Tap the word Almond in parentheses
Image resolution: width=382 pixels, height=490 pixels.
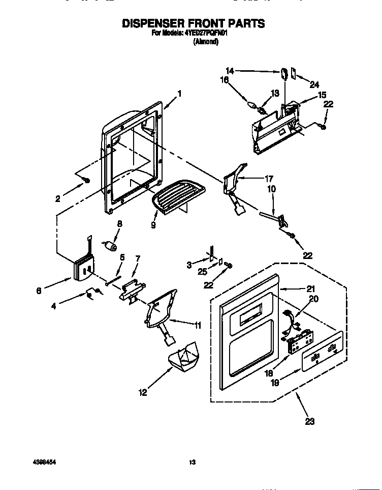[206, 43]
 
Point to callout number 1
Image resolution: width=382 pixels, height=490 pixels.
[179, 94]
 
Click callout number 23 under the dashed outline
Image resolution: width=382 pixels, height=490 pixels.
[309, 421]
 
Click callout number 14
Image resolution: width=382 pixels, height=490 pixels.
[230, 71]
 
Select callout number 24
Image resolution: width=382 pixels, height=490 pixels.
[314, 85]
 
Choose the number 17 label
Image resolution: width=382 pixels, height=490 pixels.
[269, 179]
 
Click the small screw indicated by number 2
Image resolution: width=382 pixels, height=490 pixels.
[87, 180]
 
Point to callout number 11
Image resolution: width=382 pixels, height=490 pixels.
[197, 325]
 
